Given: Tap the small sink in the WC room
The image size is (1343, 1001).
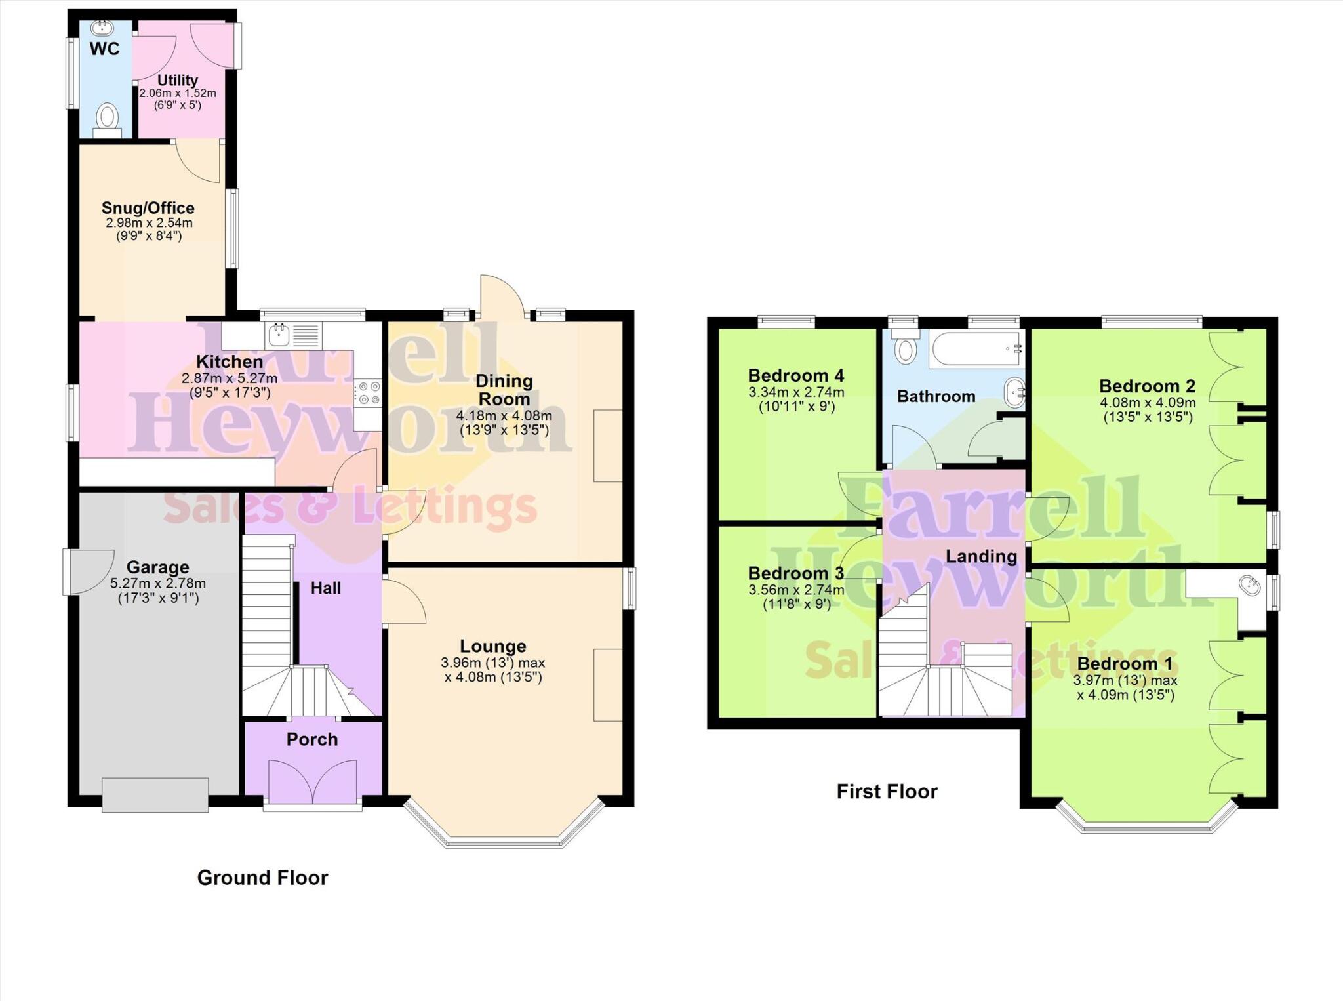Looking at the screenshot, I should coord(102,28).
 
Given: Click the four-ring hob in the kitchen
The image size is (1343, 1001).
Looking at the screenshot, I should coord(368,393).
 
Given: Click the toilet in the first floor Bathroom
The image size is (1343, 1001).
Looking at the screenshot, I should coord(906,348).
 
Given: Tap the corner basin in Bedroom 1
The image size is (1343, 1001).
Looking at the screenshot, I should coord(1249,586).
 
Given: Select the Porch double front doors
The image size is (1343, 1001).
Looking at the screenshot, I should coord(313,781).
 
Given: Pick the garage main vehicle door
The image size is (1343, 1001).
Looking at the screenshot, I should coord(155,795).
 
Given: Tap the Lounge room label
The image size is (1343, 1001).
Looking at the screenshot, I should coord(493,646).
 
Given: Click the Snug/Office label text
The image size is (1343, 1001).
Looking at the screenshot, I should coord(148,208).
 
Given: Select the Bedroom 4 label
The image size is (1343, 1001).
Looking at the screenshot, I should coord(796,376).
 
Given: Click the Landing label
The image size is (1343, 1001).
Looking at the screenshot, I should coord(981,556).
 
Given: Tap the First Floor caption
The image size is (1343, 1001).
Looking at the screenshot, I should coord(887,791).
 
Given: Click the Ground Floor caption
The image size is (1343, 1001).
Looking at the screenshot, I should coord(262,878).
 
